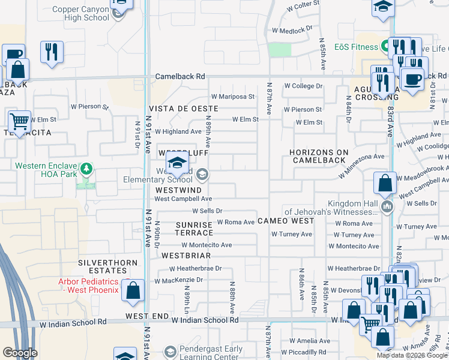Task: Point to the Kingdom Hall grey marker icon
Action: pos(387,208)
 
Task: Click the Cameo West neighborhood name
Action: pos(286,221)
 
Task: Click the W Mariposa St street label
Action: pos(233,96)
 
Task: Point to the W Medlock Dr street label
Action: pos(293,29)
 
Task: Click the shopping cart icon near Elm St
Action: pos(19,122)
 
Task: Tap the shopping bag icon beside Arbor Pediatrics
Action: pos(133,292)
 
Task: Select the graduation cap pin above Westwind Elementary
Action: pos(178,163)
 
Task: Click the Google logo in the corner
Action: pos(20,353)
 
